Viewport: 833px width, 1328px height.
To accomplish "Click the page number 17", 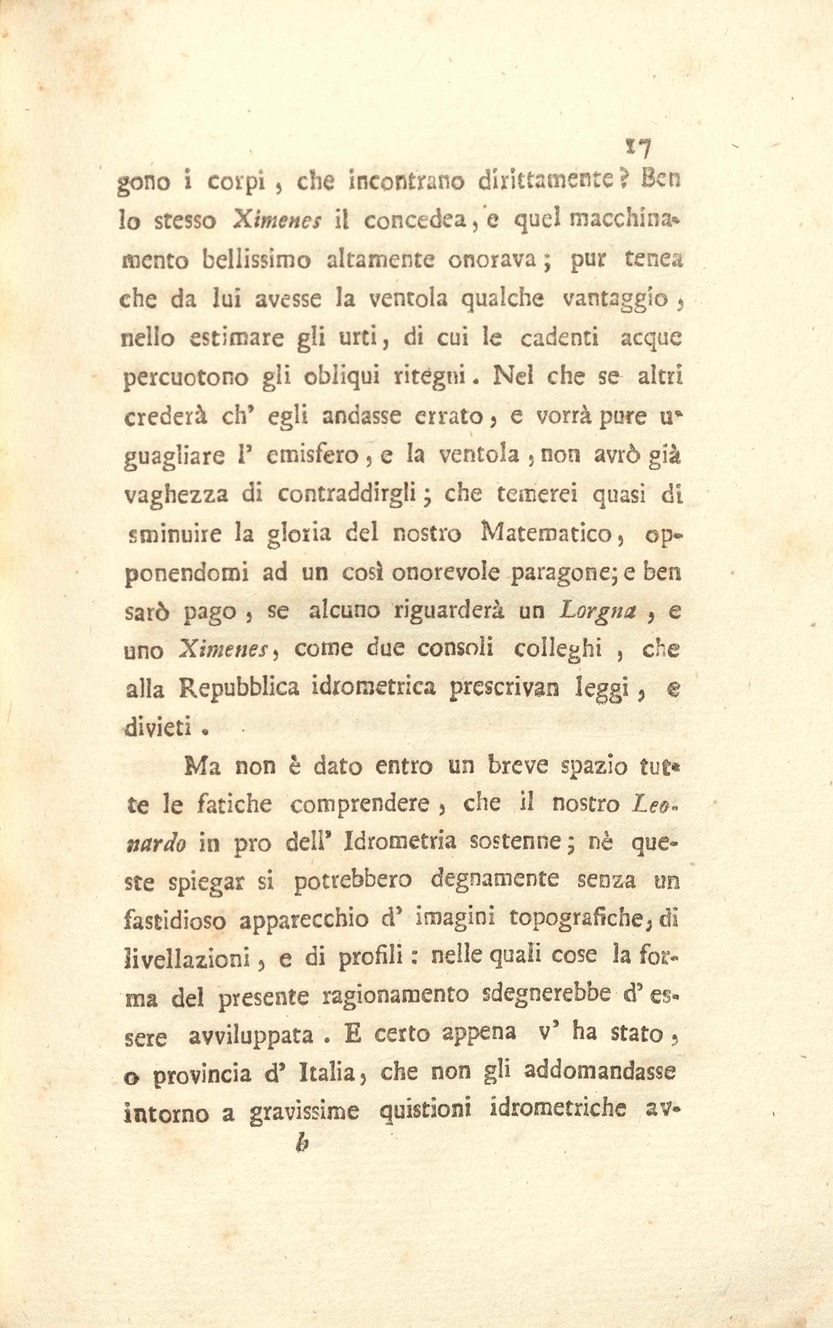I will (638, 148).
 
